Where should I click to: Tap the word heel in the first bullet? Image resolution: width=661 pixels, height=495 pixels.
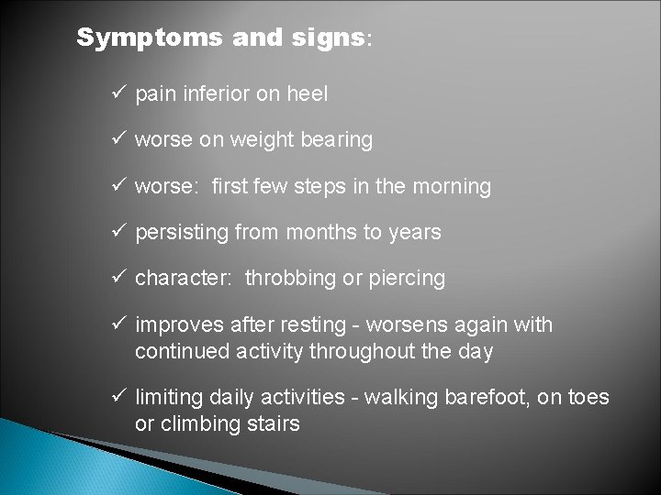point(308,93)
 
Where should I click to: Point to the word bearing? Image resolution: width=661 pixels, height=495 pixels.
point(337,140)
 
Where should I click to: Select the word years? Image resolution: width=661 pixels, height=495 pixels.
point(414,233)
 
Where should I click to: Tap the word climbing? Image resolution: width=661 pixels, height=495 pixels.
point(201,424)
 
